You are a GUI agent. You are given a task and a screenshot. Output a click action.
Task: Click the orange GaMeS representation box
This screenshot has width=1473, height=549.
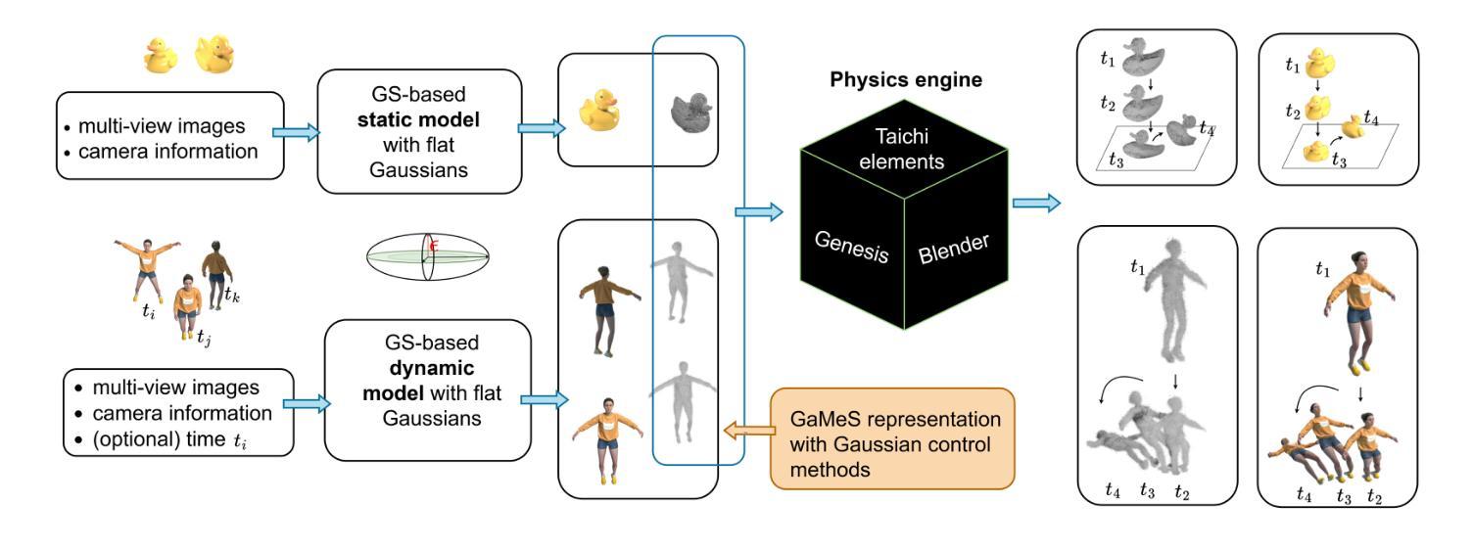coord(891,438)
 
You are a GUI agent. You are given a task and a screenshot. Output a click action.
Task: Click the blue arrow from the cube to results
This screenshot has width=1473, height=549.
coord(1036,203)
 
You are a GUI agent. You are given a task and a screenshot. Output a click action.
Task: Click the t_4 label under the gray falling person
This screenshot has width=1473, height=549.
coord(1112,491)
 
